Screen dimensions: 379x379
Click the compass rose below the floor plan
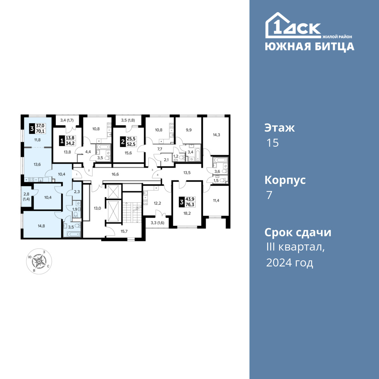(39, 261)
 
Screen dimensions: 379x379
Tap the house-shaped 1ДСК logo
(293, 25)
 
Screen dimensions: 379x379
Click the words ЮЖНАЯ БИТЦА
(309, 47)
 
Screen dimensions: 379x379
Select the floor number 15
(273, 143)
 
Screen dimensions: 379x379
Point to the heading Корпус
(285, 180)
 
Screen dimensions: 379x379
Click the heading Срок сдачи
(298, 233)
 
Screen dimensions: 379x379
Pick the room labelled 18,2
(187, 213)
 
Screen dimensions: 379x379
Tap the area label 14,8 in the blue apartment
(41, 226)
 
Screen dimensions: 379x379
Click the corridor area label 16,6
(115, 174)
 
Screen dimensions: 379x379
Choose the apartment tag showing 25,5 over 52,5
(128, 141)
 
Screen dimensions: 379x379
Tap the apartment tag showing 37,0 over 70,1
(38, 128)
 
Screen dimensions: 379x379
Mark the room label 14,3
(216, 135)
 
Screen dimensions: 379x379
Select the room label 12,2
(157, 203)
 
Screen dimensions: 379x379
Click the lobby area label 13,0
(97, 208)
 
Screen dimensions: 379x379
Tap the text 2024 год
(290, 263)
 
